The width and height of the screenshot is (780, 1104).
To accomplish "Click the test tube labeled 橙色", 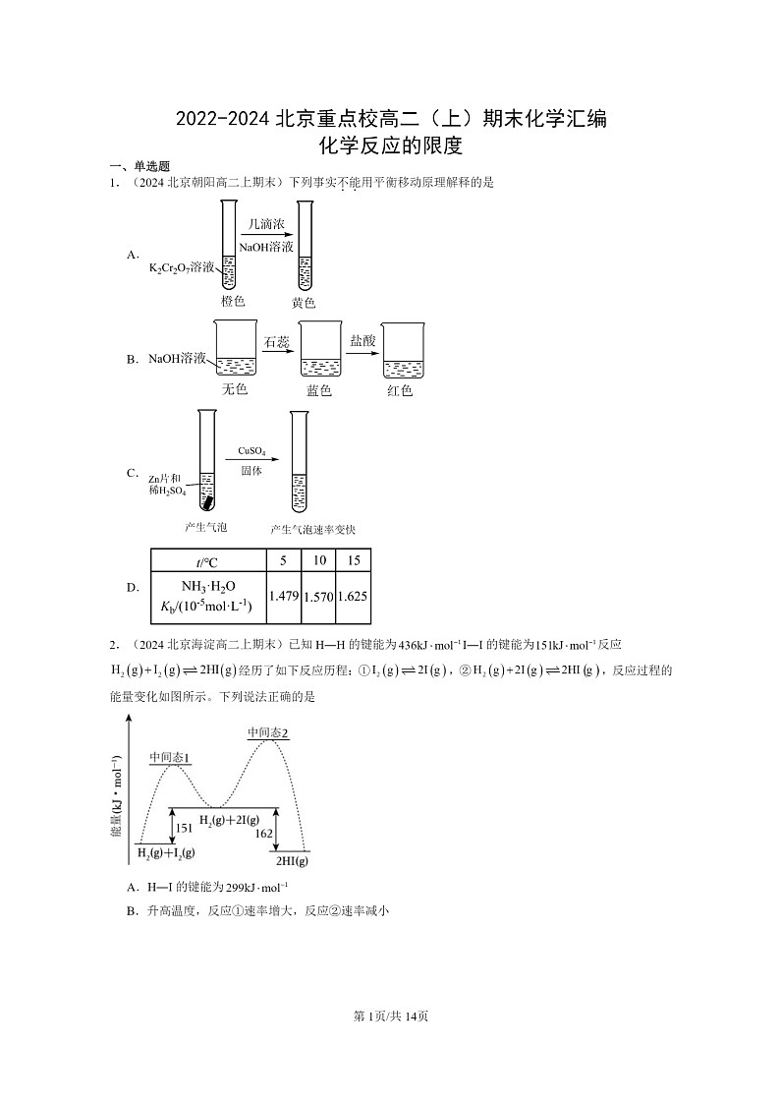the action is [229, 246].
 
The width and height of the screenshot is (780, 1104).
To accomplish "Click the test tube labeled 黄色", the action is [305, 246].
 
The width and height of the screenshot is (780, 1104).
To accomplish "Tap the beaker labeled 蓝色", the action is [319, 352].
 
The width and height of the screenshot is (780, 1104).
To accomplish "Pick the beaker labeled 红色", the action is [403, 352].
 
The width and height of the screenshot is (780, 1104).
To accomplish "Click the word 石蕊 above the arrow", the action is [276, 342].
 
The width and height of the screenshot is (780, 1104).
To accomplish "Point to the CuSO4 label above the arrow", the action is [251, 452].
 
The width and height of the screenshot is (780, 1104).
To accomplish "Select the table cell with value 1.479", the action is [283, 596].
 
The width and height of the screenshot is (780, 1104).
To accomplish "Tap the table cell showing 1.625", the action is [353, 596].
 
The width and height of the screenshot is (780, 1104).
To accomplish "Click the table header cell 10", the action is [319, 560].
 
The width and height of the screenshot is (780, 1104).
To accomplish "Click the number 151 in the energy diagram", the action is [184, 828].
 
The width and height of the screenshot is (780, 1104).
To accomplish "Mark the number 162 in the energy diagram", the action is [263, 834].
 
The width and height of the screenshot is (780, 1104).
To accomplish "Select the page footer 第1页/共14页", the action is [390, 1016].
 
